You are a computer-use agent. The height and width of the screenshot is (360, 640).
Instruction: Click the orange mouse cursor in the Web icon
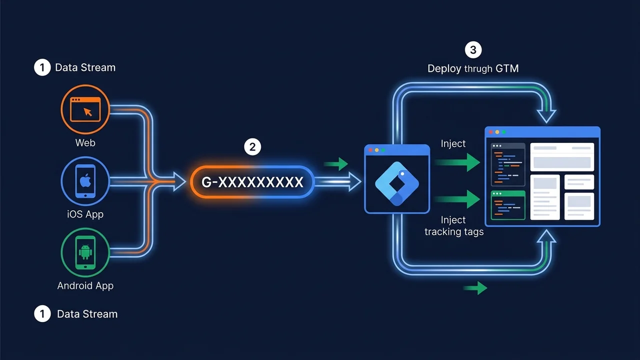(x=87, y=112)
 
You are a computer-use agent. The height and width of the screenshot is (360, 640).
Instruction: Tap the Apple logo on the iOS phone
(x=85, y=181)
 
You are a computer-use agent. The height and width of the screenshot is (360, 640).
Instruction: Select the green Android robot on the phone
(x=85, y=251)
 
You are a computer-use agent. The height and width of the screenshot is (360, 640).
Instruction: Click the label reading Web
(x=85, y=142)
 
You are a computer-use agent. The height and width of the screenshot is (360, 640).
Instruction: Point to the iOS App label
(x=85, y=214)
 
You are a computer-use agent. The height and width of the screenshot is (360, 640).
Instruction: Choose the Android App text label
(x=85, y=285)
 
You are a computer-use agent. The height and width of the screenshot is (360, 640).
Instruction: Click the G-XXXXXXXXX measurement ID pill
(x=252, y=182)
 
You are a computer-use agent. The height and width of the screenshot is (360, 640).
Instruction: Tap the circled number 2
(x=252, y=147)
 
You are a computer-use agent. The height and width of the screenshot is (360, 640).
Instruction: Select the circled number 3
(x=473, y=50)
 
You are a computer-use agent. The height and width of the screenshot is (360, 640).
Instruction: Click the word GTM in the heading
(x=507, y=68)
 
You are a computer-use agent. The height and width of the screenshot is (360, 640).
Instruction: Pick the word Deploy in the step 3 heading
(x=444, y=69)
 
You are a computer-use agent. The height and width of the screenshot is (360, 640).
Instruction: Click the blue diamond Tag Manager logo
(x=397, y=183)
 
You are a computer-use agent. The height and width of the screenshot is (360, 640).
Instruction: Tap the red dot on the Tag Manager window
(x=370, y=150)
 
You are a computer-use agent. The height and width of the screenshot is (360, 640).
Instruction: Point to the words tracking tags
(x=454, y=231)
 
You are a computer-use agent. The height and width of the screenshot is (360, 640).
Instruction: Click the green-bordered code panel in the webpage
(x=507, y=205)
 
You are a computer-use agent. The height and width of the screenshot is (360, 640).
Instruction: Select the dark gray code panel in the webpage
(x=507, y=164)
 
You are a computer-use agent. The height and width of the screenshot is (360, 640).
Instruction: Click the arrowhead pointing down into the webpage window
(x=546, y=116)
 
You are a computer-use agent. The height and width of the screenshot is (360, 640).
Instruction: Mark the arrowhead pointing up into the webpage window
(x=546, y=236)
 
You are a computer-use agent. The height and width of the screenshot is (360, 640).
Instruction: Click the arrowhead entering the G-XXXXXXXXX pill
(x=179, y=181)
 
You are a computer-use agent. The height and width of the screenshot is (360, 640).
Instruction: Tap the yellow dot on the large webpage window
(x=497, y=132)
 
